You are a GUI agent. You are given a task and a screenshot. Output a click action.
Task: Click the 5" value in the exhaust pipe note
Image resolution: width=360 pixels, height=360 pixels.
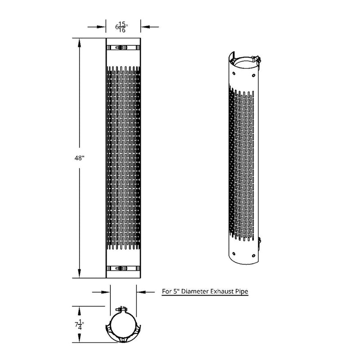177,292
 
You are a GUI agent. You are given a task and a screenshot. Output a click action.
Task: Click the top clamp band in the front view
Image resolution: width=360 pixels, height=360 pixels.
123,47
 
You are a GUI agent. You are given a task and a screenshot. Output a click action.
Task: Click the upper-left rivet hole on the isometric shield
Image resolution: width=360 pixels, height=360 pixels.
234,70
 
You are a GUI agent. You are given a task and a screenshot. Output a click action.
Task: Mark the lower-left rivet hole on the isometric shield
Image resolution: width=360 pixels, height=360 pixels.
233,250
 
